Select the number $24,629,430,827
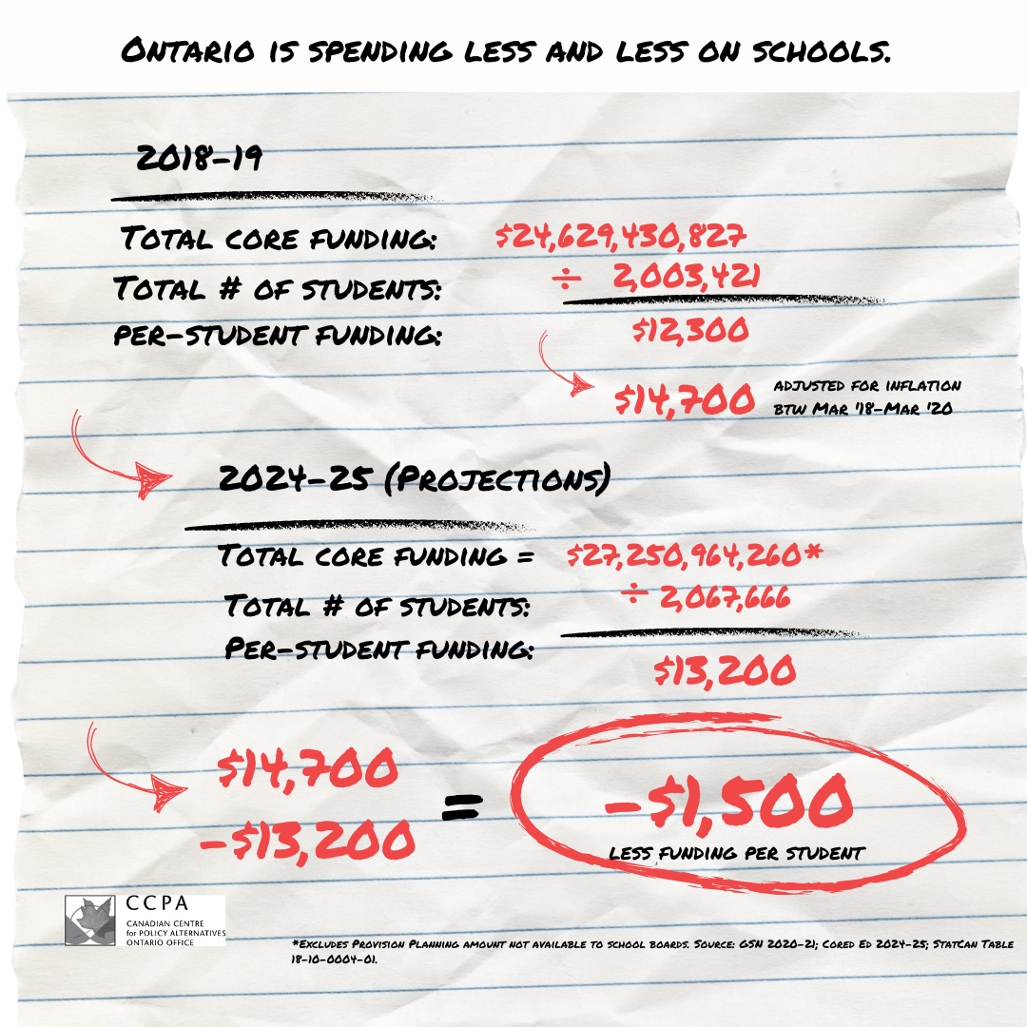click(x=622, y=236)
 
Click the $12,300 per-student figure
click(x=690, y=331)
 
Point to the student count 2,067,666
click(x=723, y=598)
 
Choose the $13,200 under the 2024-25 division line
click(x=725, y=672)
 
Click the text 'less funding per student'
click(x=736, y=853)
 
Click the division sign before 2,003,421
click(x=568, y=278)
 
